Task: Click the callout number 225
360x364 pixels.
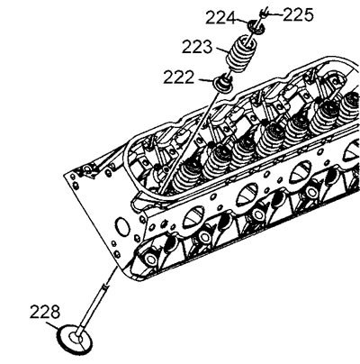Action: pyautogui.click(x=298, y=14)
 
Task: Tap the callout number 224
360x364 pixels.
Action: pyautogui.click(x=220, y=18)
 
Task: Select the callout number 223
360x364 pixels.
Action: pyautogui.click(x=197, y=47)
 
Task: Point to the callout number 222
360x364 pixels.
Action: pyautogui.click(x=179, y=77)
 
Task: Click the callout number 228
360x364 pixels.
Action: pyautogui.click(x=45, y=312)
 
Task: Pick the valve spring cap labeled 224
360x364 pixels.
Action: pyautogui.click(x=256, y=26)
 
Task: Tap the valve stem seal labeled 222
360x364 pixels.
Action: pyautogui.click(x=222, y=83)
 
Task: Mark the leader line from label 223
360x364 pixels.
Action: pyautogui.click(x=221, y=50)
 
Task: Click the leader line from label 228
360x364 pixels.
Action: pyautogui.click(x=52, y=326)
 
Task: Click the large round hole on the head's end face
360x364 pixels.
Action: pyautogui.click(x=122, y=226)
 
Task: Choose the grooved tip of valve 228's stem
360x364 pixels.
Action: pyautogui.click(x=105, y=287)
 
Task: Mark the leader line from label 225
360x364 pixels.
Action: pyautogui.click(x=274, y=14)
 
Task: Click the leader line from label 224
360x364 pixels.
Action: pyautogui.click(x=242, y=21)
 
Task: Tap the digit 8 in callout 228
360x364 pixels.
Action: pyautogui.click(x=55, y=312)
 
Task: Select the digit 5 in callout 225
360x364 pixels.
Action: pyautogui.click(x=308, y=14)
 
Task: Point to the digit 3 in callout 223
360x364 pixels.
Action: pyautogui.click(x=207, y=47)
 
